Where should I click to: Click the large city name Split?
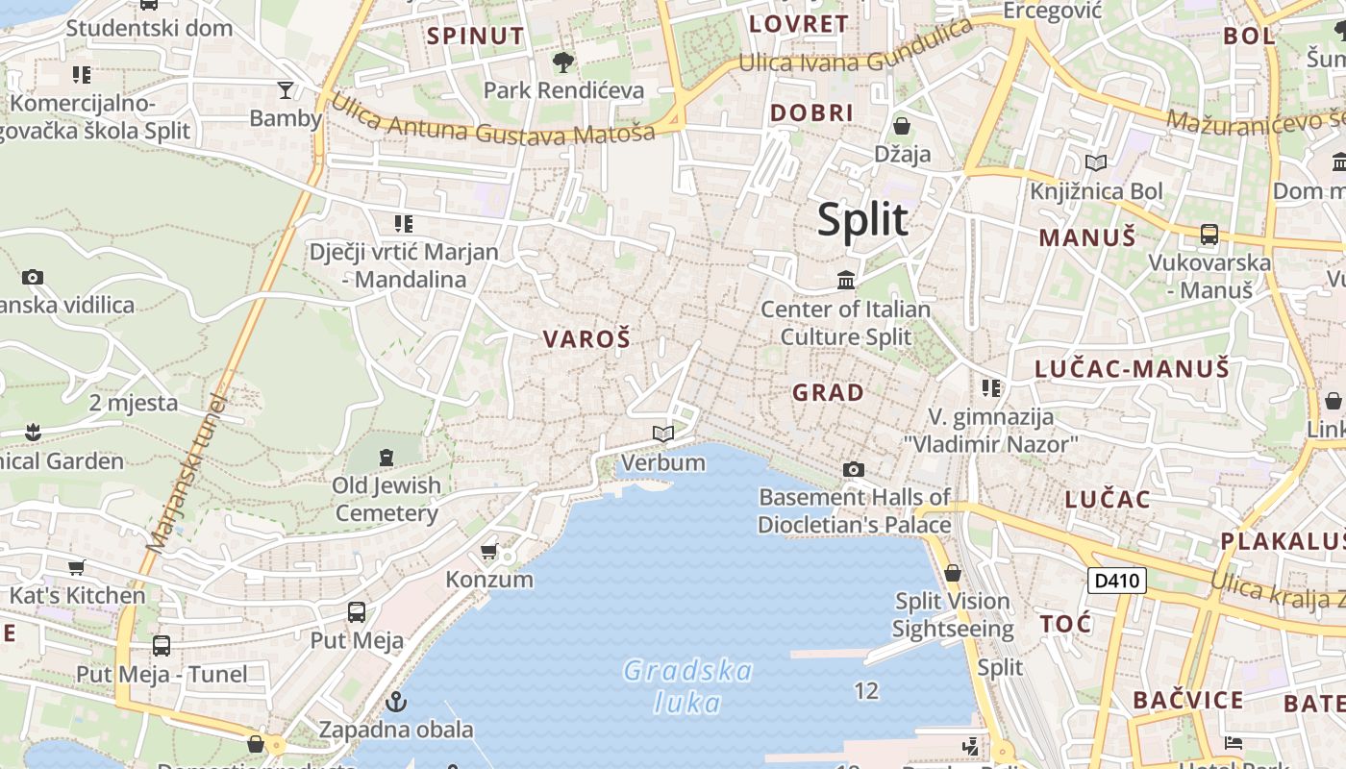click(862, 220)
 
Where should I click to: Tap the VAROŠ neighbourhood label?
click(586, 339)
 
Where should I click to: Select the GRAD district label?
click(828, 392)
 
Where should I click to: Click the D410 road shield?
click(1117, 581)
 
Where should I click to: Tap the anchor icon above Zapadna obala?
click(396, 702)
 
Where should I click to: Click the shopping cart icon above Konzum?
click(489, 552)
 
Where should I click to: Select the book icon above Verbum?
click(663, 434)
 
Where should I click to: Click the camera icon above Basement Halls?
click(853, 469)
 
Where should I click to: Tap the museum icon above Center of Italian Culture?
click(846, 280)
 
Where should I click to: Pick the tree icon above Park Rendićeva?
click(563, 62)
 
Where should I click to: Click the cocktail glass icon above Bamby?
click(286, 90)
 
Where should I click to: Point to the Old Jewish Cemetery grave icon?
click(386, 457)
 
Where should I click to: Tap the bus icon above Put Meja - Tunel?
click(162, 646)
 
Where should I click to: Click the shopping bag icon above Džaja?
click(902, 126)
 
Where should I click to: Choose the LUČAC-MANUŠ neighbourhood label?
click(1132, 368)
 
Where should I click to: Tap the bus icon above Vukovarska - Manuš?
click(1209, 234)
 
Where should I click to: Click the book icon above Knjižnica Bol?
click(1096, 163)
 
